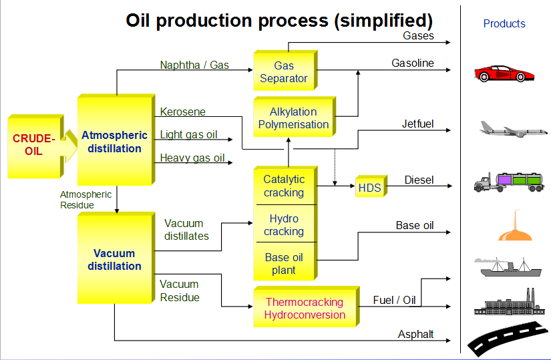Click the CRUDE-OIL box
coord(35,146)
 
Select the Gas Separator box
coord(285,70)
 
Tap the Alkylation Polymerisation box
coord(295,117)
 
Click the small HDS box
coord(371,186)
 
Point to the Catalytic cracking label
coord(284,186)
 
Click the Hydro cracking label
coord(284,225)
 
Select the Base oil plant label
coord(284,264)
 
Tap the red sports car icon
coord(504,73)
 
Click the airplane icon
coord(514,129)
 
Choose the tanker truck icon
coord(508,182)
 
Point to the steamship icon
coord(508,267)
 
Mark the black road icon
coord(508,338)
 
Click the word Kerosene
coord(183,112)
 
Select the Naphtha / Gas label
coord(194,65)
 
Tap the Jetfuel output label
coord(418,124)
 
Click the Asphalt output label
coord(415,334)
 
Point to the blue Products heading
coord(504,23)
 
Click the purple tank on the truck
coord(505,180)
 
